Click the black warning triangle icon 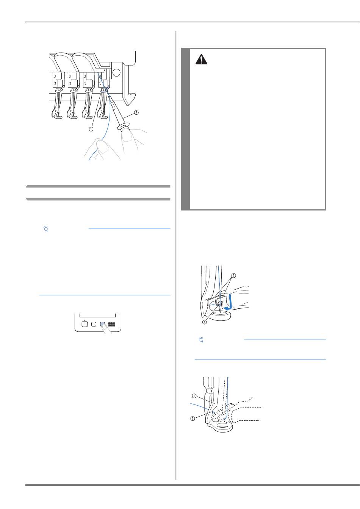click(201, 59)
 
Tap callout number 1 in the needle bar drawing click(91, 129)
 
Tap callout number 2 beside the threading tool click(136, 112)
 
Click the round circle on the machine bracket click(116, 72)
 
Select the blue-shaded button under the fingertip click(103, 324)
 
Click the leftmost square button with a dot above click(85, 324)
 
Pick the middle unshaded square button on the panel click(94, 324)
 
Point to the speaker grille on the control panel click(111, 324)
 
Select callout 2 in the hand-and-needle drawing click(233, 276)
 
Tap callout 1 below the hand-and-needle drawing click(205, 322)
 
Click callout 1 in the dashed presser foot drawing click(194, 396)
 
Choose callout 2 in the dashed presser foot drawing click(193, 418)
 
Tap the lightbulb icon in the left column click(46, 229)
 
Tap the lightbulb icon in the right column click(201, 340)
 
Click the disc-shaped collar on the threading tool click(123, 126)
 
